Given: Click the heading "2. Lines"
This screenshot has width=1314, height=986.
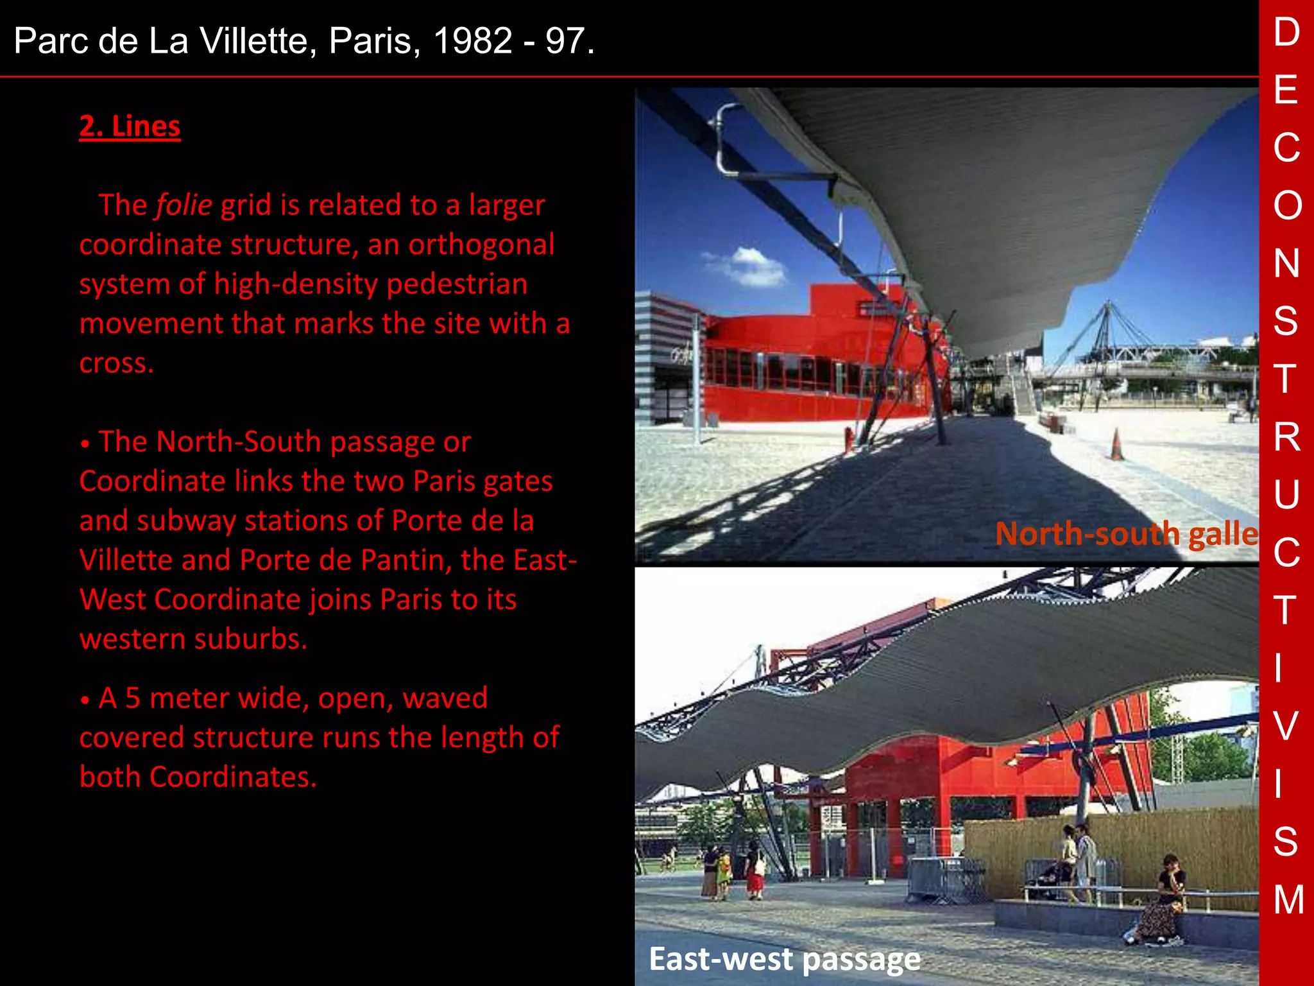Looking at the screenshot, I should pos(130,126).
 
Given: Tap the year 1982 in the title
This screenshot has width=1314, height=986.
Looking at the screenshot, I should pos(473,41).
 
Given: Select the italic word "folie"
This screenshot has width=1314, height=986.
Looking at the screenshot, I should pos(183,205).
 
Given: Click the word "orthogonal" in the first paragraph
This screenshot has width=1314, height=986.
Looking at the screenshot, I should pos(481,245).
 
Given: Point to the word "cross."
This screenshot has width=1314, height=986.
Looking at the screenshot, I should pos(117,363).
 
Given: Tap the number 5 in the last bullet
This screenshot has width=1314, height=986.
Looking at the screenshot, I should pos(133,698).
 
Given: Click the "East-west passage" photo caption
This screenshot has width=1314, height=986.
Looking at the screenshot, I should pos(784,959).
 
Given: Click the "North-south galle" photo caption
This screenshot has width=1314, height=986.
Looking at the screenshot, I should pos(1126,534).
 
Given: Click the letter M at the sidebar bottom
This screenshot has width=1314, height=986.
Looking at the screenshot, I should pos(1288,899).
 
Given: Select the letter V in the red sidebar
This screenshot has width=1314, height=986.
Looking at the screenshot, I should pos(1286,725).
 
